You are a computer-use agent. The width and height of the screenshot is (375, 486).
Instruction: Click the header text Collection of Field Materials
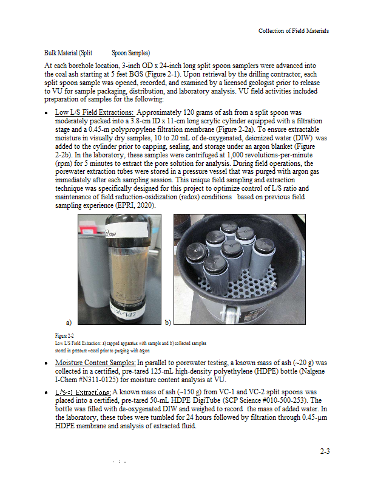[x=294, y=31]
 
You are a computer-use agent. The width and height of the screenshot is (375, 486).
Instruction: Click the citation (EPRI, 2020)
[x=134, y=206]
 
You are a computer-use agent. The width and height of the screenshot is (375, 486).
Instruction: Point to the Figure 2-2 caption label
[x=64, y=336]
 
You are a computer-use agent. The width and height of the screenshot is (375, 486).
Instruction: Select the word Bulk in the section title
[x=52, y=53]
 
